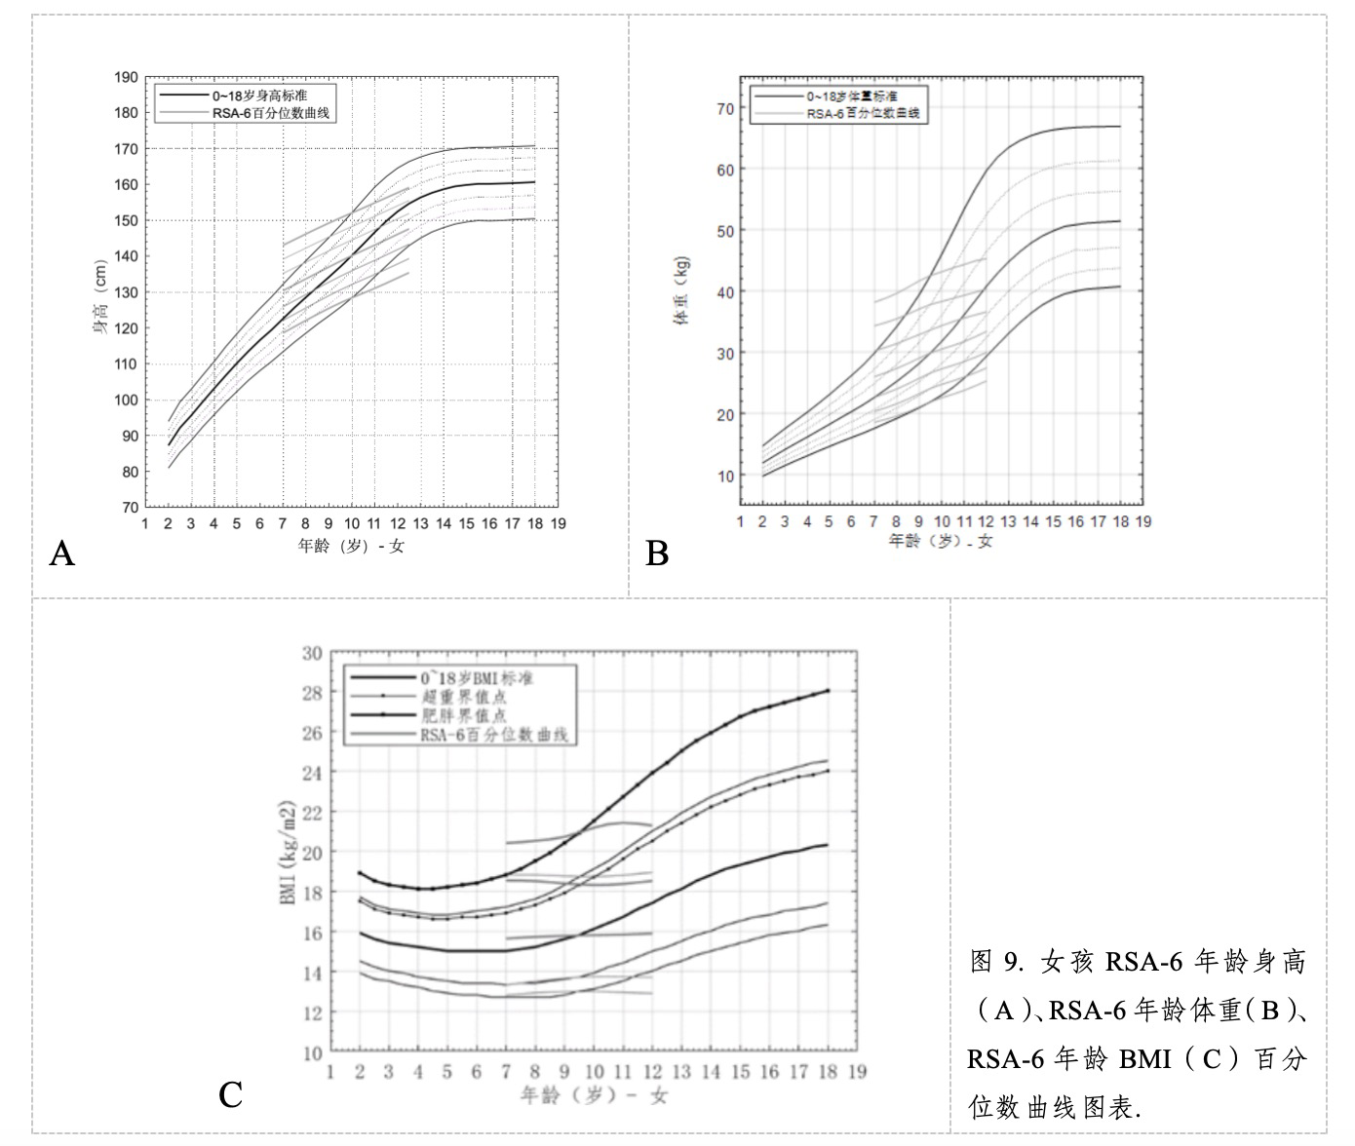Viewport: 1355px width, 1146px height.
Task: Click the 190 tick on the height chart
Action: pyautogui.click(x=126, y=77)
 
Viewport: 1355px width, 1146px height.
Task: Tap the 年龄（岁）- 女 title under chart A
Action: pyautogui.click(x=351, y=546)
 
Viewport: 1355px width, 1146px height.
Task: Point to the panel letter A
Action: pyautogui.click(x=61, y=554)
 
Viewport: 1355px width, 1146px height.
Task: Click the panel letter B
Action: pyautogui.click(x=657, y=554)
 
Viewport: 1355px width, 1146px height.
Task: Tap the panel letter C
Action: pyautogui.click(x=230, y=1095)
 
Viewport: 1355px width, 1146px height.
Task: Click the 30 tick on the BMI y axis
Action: pyautogui.click(x=312, y=653)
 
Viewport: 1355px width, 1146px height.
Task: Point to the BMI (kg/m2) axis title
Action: pyautogui.click(x=289, y=854)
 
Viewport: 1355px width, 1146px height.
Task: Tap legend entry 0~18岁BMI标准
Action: pyautogui.click(x=477, y=678)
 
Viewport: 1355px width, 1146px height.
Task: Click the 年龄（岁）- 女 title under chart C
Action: pyautogui.click(x=594, y=1095)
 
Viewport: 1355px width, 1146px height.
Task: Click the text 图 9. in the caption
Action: pyautogui.click(x=994, y=963)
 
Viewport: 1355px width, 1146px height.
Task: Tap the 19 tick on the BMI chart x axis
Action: pyautogui.click(x=857, y=1072)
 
